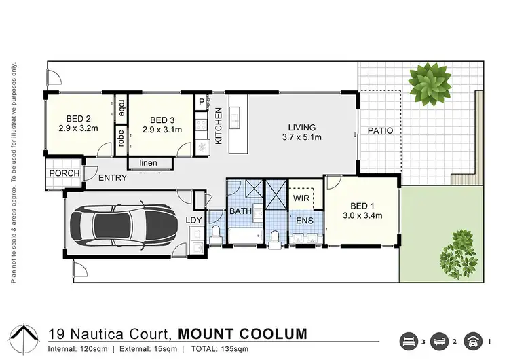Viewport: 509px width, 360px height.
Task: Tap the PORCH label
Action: click(x=64, y=173)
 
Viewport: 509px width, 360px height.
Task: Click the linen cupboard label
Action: click(x=149, y=163)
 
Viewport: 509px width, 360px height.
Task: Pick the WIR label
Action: click(x=302, y=199)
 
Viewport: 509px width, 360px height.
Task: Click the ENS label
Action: click(x=303, y=220)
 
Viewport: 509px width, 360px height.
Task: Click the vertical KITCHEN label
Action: click(x=219, y=126)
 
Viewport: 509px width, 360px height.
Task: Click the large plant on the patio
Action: click(x=428, y=81)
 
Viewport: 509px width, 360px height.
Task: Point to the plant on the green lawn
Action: click(x=455, y=254)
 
